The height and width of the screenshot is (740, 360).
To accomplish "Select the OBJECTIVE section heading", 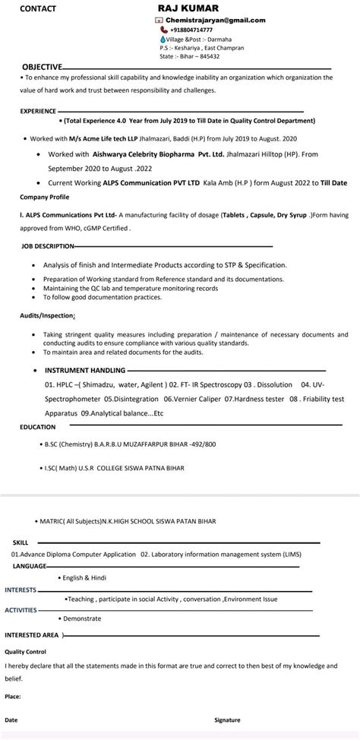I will point(42,67).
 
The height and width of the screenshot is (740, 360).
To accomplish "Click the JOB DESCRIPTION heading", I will point(47,246).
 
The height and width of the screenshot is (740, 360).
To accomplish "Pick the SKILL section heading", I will point(21,542).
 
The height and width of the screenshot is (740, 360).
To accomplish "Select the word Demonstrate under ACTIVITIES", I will point(82,618).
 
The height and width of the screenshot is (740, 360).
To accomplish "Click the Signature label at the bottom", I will point(227,719).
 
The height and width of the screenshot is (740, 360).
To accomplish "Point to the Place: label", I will point(13,695).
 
